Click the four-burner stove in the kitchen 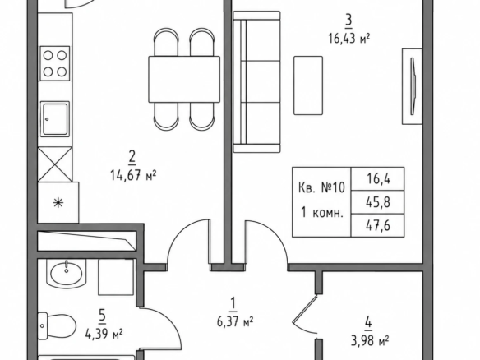55,63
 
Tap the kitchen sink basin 55,119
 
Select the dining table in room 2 184,79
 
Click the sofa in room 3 256,81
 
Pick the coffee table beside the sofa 308,85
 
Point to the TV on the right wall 413,86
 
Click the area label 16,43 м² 349,39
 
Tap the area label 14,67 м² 133,176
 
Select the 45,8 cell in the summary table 378,202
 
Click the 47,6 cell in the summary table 378,226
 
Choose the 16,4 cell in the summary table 378,179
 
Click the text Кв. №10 321,187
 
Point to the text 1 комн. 321,212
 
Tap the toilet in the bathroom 57,326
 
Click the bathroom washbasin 67,274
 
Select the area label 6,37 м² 235,321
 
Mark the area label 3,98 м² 370,340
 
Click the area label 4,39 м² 104,334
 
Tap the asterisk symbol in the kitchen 58,203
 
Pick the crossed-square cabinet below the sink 55,164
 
